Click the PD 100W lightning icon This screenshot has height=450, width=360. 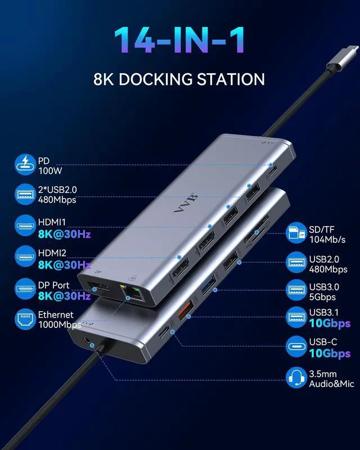click(25, 165)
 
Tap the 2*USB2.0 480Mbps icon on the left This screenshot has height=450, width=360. click(25, 195)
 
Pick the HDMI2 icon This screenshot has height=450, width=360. click(25, 257)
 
